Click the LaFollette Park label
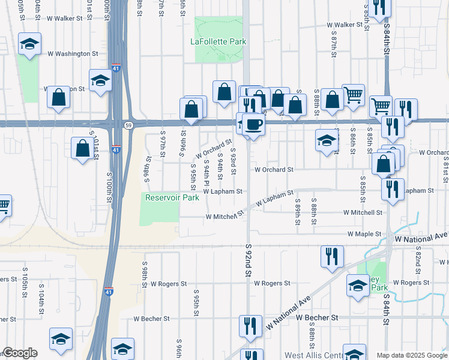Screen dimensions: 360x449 pyautogui.click(x=218, y=41)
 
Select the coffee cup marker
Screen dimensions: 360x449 pyautogui.click(x=253, y=125)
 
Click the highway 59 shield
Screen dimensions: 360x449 pyautogui.click(x=128, y=125)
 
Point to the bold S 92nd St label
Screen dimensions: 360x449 pyautogui.click(x=248, y=260)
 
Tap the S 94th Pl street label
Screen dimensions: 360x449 pyautogui.click(x=206, y=171)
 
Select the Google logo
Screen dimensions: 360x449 pyautogui.click(x=20, y=353)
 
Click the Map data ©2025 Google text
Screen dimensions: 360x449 pyautogui.click(x=412, y=355)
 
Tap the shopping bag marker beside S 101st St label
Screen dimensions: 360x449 pyautogui.click(x=83, y=148)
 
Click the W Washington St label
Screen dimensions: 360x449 pyautogui.click(x=73, y=53)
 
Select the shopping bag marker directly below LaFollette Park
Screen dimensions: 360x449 pyautogui.click(x=224, y=92)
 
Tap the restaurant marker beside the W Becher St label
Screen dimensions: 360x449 pyautogui.click(x=250, y=326)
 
